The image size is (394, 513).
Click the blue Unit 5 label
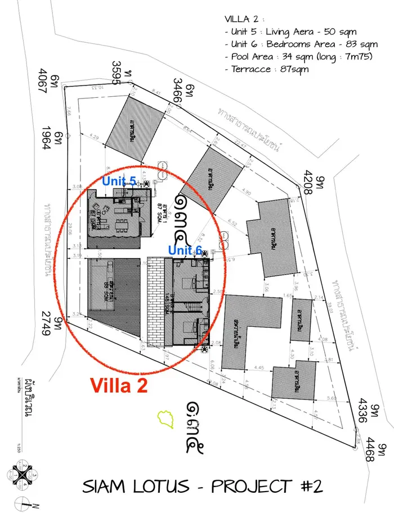pos(119,182)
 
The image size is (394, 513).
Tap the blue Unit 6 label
pos(185,250)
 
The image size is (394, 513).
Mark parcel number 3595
pos(117,73)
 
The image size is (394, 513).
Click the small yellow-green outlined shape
pos(165,417)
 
